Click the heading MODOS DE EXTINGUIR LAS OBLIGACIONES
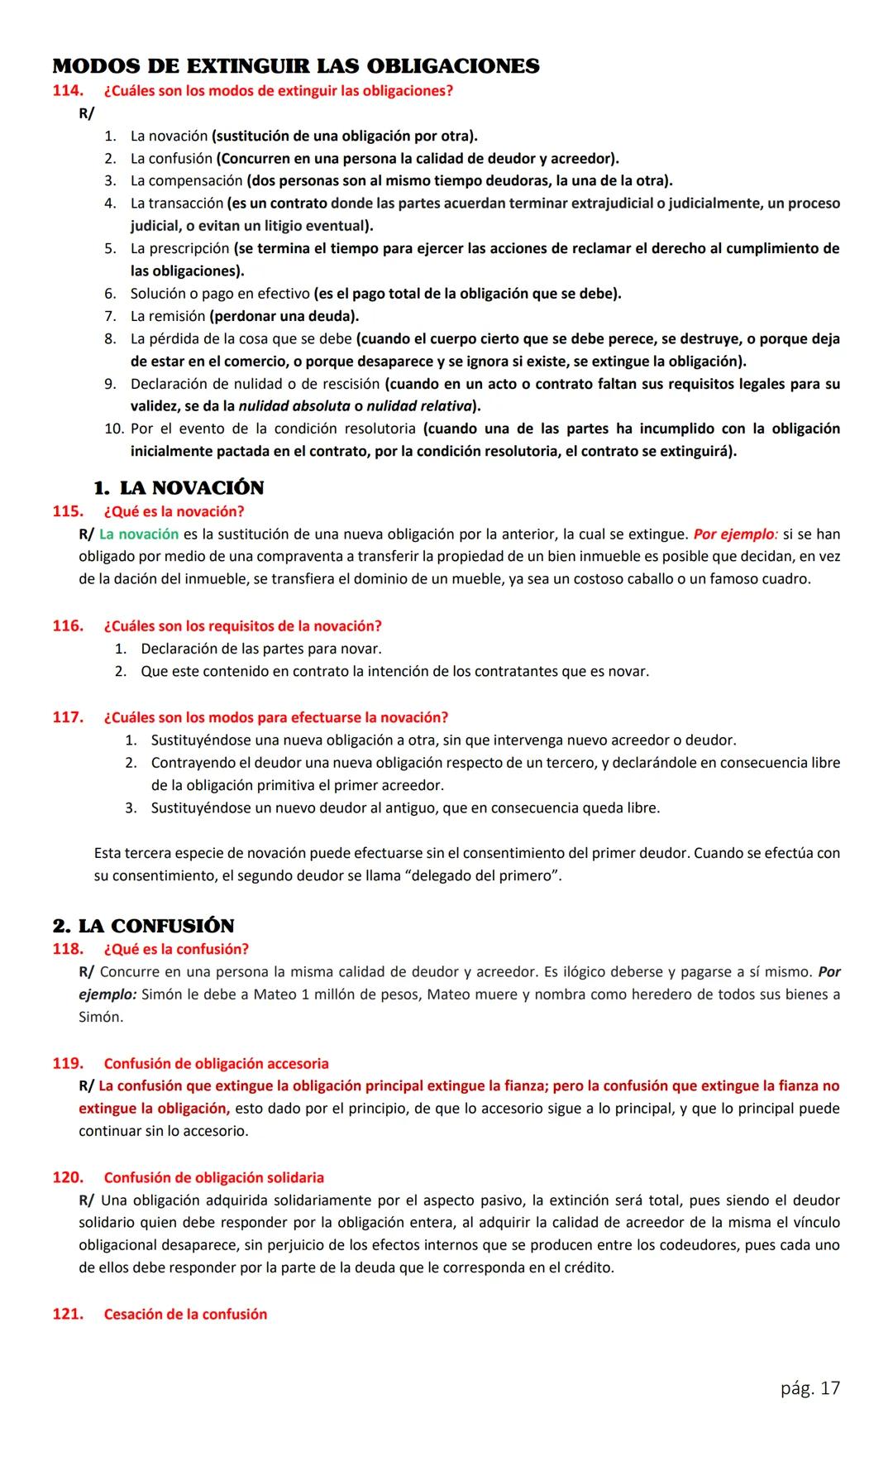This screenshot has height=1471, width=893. point(295,66)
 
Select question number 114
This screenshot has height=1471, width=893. point(68,91)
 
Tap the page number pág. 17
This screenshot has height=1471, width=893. point(809,1387)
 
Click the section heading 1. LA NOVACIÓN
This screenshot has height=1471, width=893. point(179,487)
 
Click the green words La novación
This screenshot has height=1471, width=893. point(139,534)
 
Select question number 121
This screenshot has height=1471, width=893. point(68,1314)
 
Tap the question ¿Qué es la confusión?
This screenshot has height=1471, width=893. point(176,949)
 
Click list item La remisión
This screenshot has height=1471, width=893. point(168,316)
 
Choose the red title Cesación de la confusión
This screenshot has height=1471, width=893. point(185,1314)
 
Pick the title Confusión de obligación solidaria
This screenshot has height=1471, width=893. point(213,1177)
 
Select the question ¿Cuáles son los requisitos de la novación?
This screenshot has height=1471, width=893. point(242,625)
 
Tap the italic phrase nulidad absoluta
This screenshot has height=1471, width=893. point(294,406)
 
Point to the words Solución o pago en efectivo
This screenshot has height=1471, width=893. point(219,294)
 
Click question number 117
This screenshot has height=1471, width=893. point(68,717)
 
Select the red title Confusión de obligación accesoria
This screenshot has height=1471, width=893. point(216,1063)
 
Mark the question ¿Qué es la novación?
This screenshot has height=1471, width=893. point(174,511)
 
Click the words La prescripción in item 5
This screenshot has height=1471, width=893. point(179,248)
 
